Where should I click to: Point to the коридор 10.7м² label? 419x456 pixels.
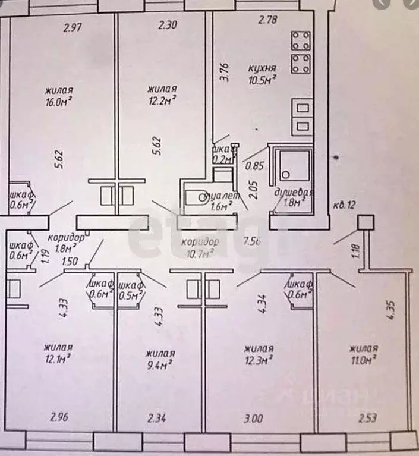click(x=200, y=248)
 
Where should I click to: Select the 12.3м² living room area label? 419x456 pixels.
click(x=258, y=354)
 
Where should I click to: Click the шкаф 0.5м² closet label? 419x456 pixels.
click(x=131, y=290)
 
